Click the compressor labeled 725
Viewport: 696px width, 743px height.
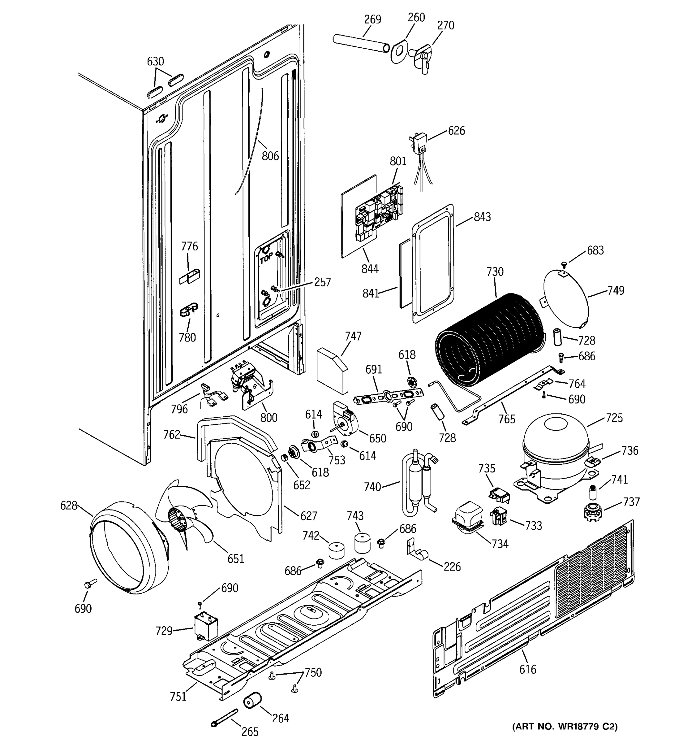556,452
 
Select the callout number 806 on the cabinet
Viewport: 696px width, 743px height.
270,155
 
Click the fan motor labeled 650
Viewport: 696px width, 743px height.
345,419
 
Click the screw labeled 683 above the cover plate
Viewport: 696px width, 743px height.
564,265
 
